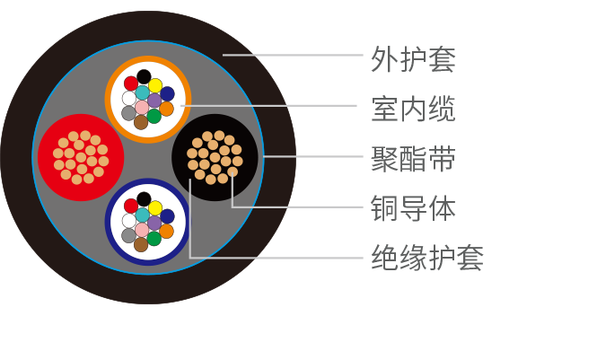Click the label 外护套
[x=413, y=59]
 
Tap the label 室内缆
[x=413, y=110]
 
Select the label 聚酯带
[x=413, y=160]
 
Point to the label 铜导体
[x=413, y=209]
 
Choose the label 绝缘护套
[x=427, y=259]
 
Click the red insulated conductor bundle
[x=80, y=157]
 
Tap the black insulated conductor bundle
[x=215, y=157]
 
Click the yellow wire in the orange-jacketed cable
[x=155, y=85]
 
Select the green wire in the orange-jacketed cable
[x=154, y=116]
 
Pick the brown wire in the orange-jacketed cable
[x=141, y=122]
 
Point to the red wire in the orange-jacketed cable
[x=131, y=83]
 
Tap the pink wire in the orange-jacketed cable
[x=142, y=108]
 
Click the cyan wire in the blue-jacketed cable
[x=143, y=215]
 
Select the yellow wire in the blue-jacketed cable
[x=155, y=207]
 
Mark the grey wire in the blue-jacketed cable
[x=128, y=235]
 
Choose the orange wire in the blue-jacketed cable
[x=166, y=231]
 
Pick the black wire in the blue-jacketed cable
[x=144, y=198]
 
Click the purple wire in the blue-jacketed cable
[x=154, y=223]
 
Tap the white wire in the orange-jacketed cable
[x=129, y=98]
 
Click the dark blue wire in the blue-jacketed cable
[x=167, y=216]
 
